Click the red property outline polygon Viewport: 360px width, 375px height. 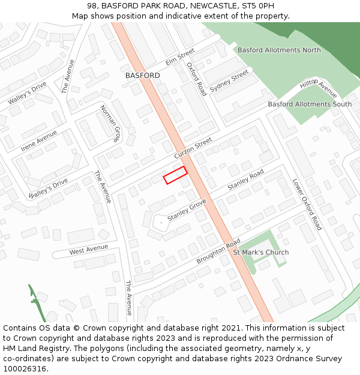coord(175,175)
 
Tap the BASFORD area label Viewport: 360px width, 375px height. coord(143,76)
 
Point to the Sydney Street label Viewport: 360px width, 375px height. coord(229,80)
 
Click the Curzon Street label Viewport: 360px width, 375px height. coord(193,148)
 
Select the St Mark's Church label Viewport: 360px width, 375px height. coord(260,252)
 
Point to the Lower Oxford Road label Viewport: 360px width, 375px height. coord(307,204)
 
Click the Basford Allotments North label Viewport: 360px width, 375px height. coord(279,50)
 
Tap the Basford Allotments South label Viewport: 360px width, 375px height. coord(310,104)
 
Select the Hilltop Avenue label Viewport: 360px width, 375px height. coord(319,88)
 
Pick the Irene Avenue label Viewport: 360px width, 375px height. coord(39,140)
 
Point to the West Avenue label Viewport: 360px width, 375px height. coord(89,248)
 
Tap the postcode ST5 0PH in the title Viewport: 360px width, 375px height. coord(254,5)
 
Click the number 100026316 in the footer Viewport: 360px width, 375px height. coord(25,368)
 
